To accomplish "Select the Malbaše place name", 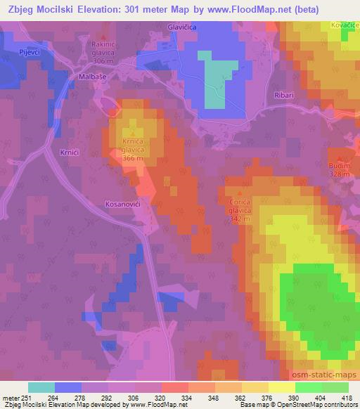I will pos(92,76).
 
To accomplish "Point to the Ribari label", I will pos(283,93).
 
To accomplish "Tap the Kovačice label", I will pos(342,26).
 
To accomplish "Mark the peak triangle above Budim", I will pos(342,158).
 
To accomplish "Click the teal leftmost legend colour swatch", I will pos(41,387).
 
